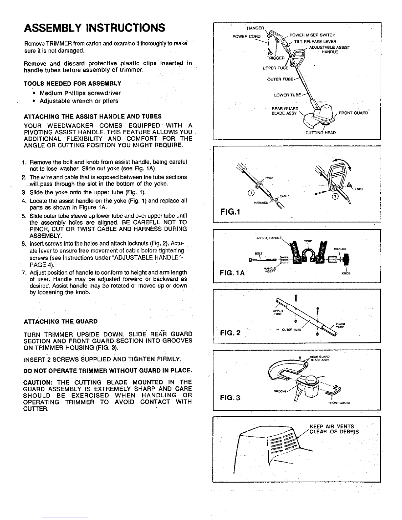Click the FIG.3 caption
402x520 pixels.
[230, 398]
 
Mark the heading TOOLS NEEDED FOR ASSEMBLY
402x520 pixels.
[73, 83]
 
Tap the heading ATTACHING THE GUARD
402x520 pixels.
[61, 321]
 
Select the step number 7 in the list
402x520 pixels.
[24, 272]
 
